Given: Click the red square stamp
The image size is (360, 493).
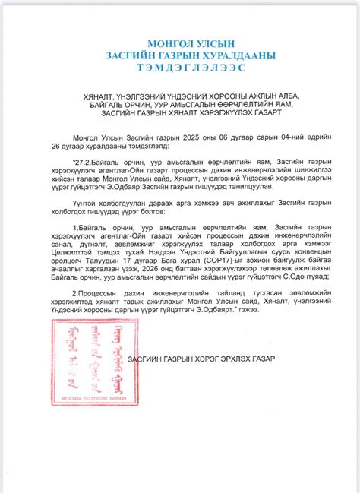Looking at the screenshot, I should coord(90,364).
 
